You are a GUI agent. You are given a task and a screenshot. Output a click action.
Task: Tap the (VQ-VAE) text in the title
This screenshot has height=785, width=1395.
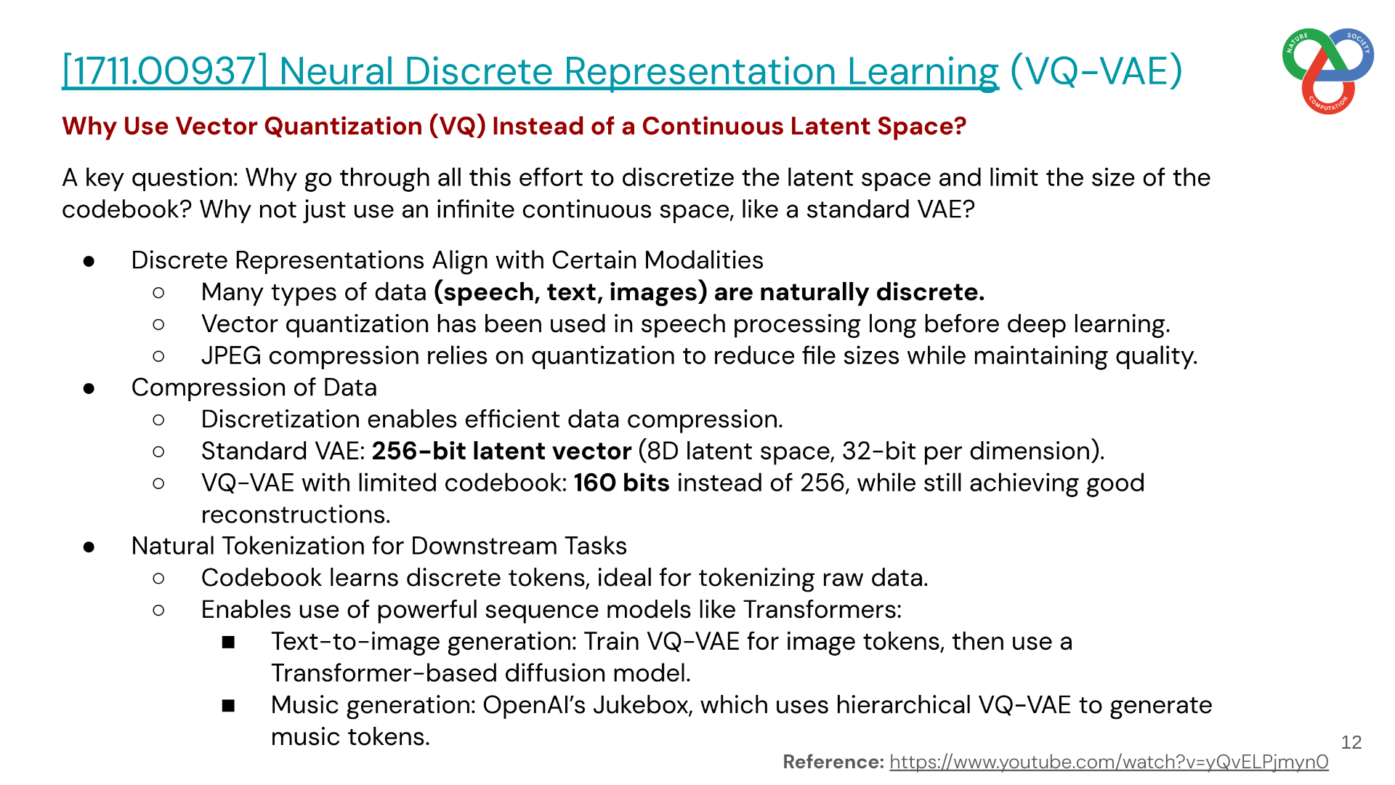click(1096, 71)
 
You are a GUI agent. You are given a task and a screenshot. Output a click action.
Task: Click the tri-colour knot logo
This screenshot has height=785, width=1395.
click(1328, 71)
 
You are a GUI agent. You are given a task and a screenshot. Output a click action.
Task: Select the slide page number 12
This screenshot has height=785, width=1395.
click(1351, 742)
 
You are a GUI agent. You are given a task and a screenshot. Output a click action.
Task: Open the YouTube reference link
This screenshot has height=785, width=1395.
click(1109, 762)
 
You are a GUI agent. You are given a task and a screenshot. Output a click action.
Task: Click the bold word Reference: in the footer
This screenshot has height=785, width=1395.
click(833, 762)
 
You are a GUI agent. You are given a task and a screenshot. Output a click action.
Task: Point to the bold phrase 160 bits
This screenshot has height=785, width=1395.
click(621, 483)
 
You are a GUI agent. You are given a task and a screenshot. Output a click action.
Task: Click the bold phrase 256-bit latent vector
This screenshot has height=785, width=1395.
click(501, 451)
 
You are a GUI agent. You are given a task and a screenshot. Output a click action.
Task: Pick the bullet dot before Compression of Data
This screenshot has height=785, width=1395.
click(89, 388)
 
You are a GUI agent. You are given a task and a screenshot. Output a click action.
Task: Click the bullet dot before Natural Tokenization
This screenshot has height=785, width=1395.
click(89, 547)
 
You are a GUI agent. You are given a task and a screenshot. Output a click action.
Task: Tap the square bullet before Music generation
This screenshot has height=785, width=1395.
click(229, 706)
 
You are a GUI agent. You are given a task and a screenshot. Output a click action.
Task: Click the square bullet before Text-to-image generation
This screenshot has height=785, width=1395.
click(229, 643)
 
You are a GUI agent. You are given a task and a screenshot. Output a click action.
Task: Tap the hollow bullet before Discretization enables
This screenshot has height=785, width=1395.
click(159, 420)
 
